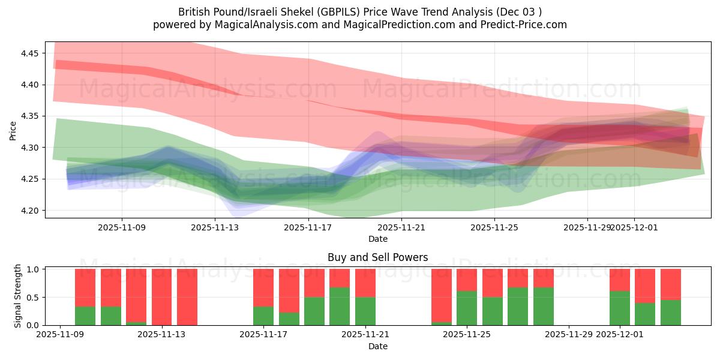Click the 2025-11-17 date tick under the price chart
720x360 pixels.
[x=308, y=228]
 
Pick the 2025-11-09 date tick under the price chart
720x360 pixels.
[x=122, y=228]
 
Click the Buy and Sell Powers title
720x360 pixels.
[x=377, y=257]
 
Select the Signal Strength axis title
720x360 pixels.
[x=18, y=296]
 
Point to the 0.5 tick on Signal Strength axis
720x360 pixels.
[x=34, y=298]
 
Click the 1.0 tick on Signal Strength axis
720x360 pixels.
[x=34, y=269]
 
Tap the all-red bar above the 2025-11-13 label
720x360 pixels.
[x=161, y=297]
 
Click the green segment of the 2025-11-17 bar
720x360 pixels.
[x=263, y=316]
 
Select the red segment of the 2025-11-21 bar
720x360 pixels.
[x=365, y=283]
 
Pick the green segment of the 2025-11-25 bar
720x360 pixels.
[x=467, y=308]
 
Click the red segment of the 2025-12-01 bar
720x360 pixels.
[x=619, y=280]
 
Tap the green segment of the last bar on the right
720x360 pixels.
[x=670, y=313]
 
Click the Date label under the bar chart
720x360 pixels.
[x=377, y=346]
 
